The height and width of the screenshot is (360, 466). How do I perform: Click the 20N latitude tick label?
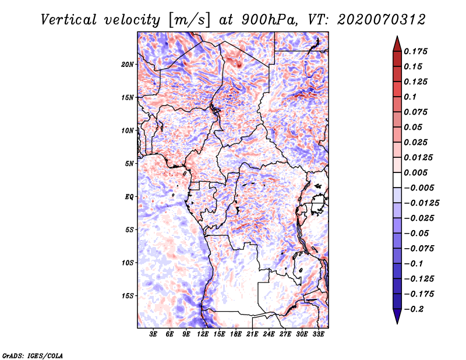[x=128, y=64]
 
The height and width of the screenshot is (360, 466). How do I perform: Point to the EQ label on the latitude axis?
[x=129, y=197]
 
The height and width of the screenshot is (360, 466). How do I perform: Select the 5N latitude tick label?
[x=129, y=164]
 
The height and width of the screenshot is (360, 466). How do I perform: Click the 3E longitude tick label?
[x=153, y=334]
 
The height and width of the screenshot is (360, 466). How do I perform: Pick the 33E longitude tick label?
[x=318, y=334]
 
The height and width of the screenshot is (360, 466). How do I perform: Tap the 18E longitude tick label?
[x=236, y=334]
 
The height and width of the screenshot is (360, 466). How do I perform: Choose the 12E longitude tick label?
[x=203, y=334]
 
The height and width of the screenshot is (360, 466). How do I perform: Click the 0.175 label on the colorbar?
[x=415, y=51]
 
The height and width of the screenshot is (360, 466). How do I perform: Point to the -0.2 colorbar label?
[x=414, y=309]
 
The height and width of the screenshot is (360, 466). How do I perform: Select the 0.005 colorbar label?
[x=415, y=172]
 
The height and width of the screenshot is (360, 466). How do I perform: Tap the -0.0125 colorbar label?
[x=421, y=203]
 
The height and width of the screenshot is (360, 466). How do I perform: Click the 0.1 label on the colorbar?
[x=410, y=97]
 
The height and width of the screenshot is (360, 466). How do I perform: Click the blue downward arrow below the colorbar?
[x=397, y=316]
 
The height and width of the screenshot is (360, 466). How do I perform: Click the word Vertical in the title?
[x=69, y=20]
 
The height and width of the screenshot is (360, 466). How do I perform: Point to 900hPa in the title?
[x=269, y=20]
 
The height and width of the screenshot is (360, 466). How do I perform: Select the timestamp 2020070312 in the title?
[x=382, y=20]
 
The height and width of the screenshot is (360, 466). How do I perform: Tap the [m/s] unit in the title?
[x=189, y=20]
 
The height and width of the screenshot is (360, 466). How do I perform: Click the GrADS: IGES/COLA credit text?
[x=33, y=355]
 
